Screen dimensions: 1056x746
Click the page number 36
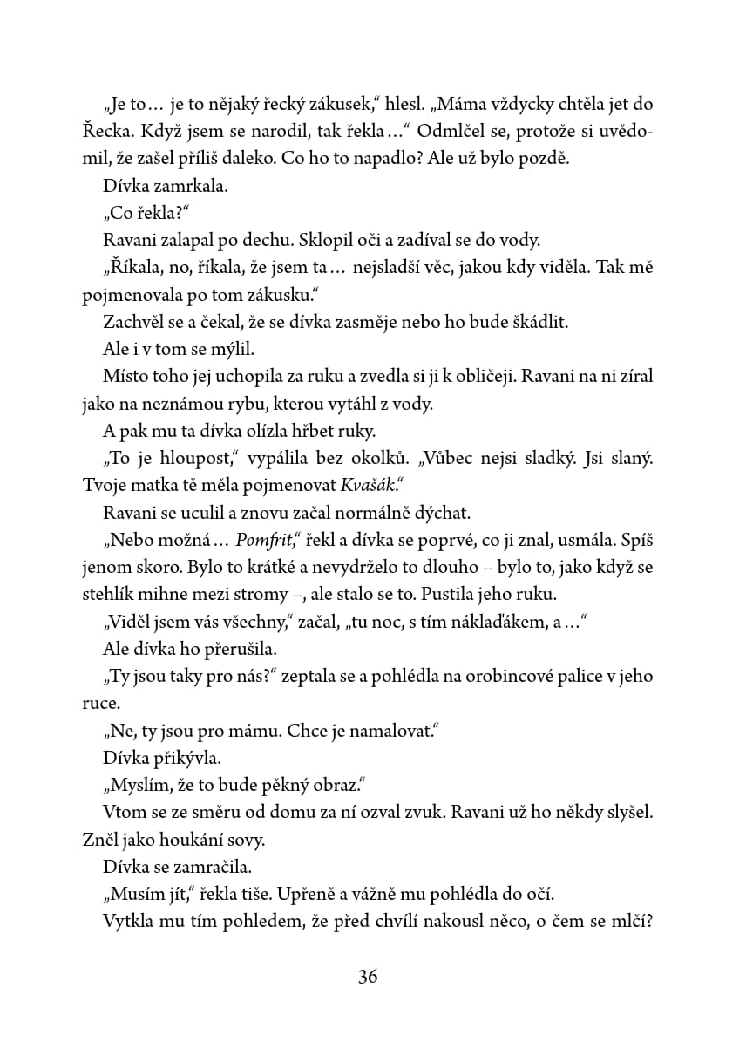click(x=368, y=977)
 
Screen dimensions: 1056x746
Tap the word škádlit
click(x=539, y=322)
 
